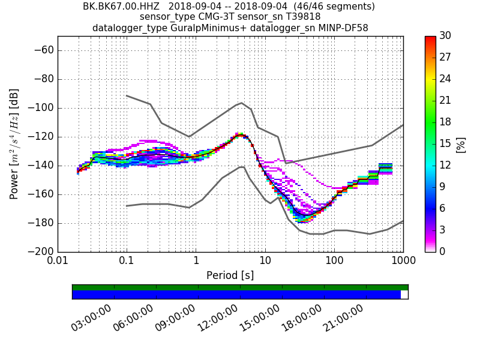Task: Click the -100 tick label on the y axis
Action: point(41,108)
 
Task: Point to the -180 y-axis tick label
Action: point(41,223)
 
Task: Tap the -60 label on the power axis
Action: point(44,50)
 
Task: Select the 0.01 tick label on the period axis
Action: point(58,261)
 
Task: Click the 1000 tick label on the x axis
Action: point(403,261)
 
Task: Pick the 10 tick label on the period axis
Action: point(265,261)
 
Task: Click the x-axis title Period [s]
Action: point(230,275)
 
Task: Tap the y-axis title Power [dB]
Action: point(14,144)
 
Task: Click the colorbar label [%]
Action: point(461,145)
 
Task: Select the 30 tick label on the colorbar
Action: point(446,36)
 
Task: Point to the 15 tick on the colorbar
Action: point(446,143)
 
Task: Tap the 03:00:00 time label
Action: point(91,317)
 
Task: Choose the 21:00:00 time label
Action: point(343,317)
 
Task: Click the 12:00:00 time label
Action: point(217,317)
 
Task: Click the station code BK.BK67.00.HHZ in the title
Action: point(121,7)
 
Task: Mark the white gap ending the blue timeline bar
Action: point(404,295)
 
